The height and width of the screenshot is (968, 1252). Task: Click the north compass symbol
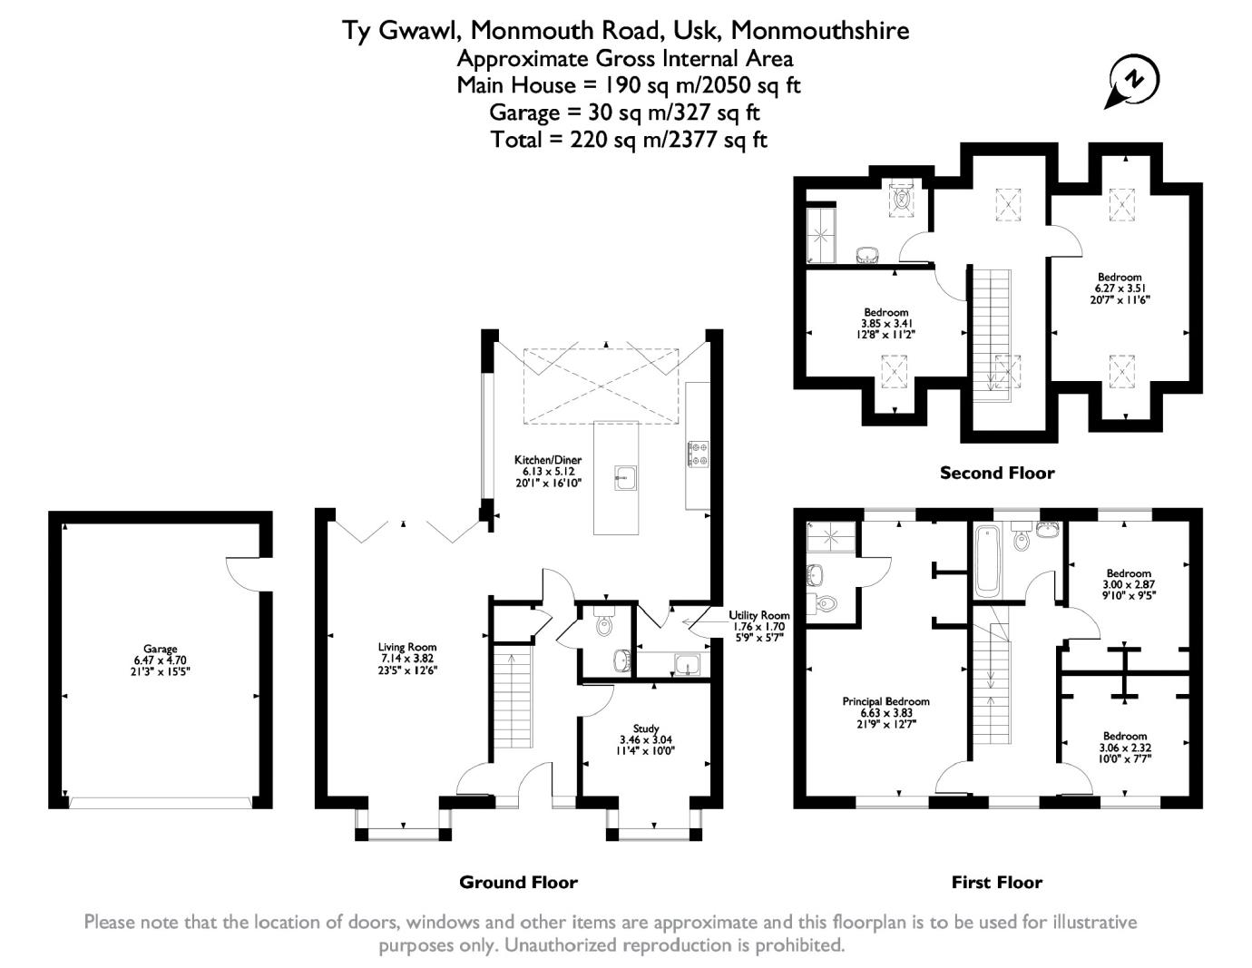[1134, 81]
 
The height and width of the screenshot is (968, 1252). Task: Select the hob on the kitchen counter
[698, 454]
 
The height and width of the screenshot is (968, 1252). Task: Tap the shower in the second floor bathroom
[820, 233]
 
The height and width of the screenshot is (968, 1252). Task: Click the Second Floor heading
[997, 473]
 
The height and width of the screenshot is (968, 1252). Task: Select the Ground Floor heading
[518, 882]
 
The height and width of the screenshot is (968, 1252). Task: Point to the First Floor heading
[996, 882]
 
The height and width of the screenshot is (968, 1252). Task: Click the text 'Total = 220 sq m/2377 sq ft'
[628, 140]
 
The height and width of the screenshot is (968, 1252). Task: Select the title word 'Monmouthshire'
[819, 31]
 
